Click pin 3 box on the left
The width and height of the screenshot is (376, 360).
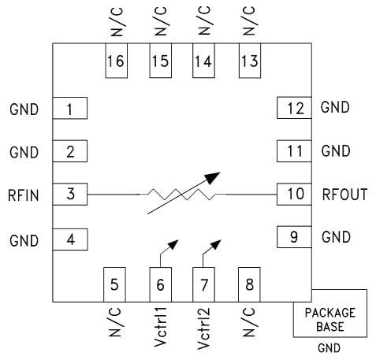tap(69, 194)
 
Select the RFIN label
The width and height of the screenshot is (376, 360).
tap(23, 194)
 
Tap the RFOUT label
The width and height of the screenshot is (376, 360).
tap(344, 194)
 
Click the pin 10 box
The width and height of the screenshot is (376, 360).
tap(295, 194)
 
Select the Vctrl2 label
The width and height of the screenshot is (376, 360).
tap(205, 331)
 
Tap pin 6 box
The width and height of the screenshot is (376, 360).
tap(161, 284)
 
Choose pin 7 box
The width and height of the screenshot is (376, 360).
tap(205, 284)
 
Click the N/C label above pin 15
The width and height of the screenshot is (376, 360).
tap(161, 22)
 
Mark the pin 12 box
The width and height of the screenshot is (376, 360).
tap(295, 108)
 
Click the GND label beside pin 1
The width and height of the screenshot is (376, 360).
tap(23, 109)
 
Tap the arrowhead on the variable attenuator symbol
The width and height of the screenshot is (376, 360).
tap(213, 178)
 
